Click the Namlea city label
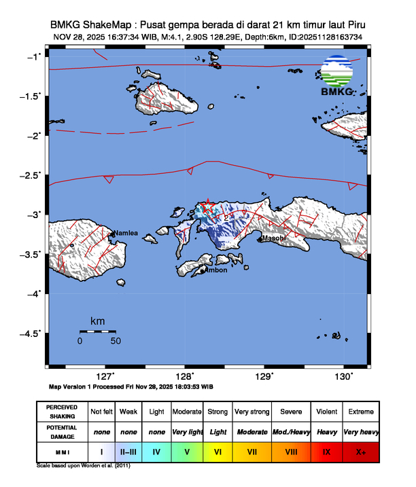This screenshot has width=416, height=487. (125, 233)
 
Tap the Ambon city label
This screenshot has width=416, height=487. (215, 270)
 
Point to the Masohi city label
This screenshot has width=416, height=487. (274, 238)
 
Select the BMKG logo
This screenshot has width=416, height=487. (336, 77)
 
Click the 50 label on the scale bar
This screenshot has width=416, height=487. (116, 341)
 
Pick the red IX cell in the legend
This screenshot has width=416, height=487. (326, 451)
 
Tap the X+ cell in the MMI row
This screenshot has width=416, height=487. (360, 451)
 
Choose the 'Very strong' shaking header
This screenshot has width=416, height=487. (252, 412)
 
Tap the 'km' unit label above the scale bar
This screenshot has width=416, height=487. (97, 321)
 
